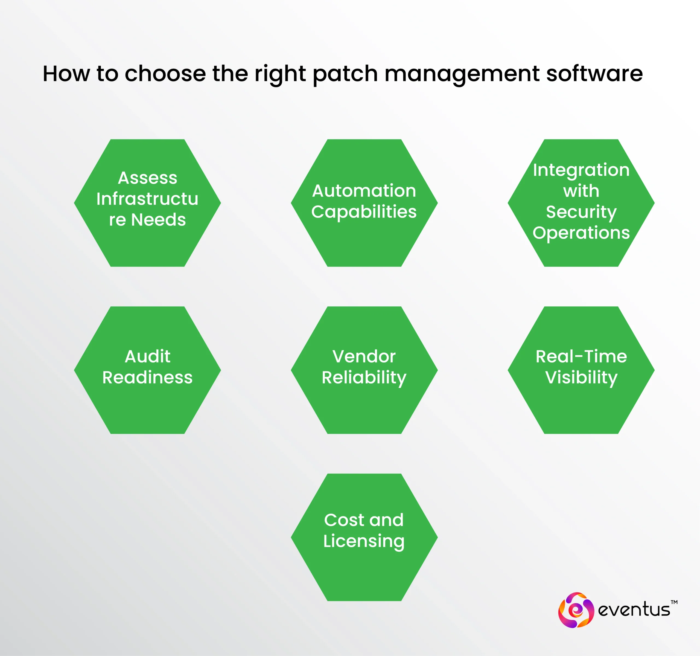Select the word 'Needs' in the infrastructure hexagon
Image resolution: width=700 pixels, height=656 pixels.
(x=158, y=220)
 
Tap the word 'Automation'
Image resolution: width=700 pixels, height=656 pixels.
(x=364, y=191)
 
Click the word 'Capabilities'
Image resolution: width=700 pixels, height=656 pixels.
(x=364, y=212)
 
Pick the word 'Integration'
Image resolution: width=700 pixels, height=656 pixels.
(x=581, y=170)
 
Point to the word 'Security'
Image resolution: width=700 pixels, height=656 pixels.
(x=581, y=212)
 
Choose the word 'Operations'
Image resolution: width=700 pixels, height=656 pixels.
(x=581, y=233)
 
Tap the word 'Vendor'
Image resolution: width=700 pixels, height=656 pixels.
(x=364, y=356)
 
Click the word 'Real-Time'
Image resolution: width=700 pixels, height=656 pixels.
(x=581, y=356)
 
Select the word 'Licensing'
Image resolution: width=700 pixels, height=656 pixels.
(x=364, y=541)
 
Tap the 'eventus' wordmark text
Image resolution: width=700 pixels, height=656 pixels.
(x=634, y=609)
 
